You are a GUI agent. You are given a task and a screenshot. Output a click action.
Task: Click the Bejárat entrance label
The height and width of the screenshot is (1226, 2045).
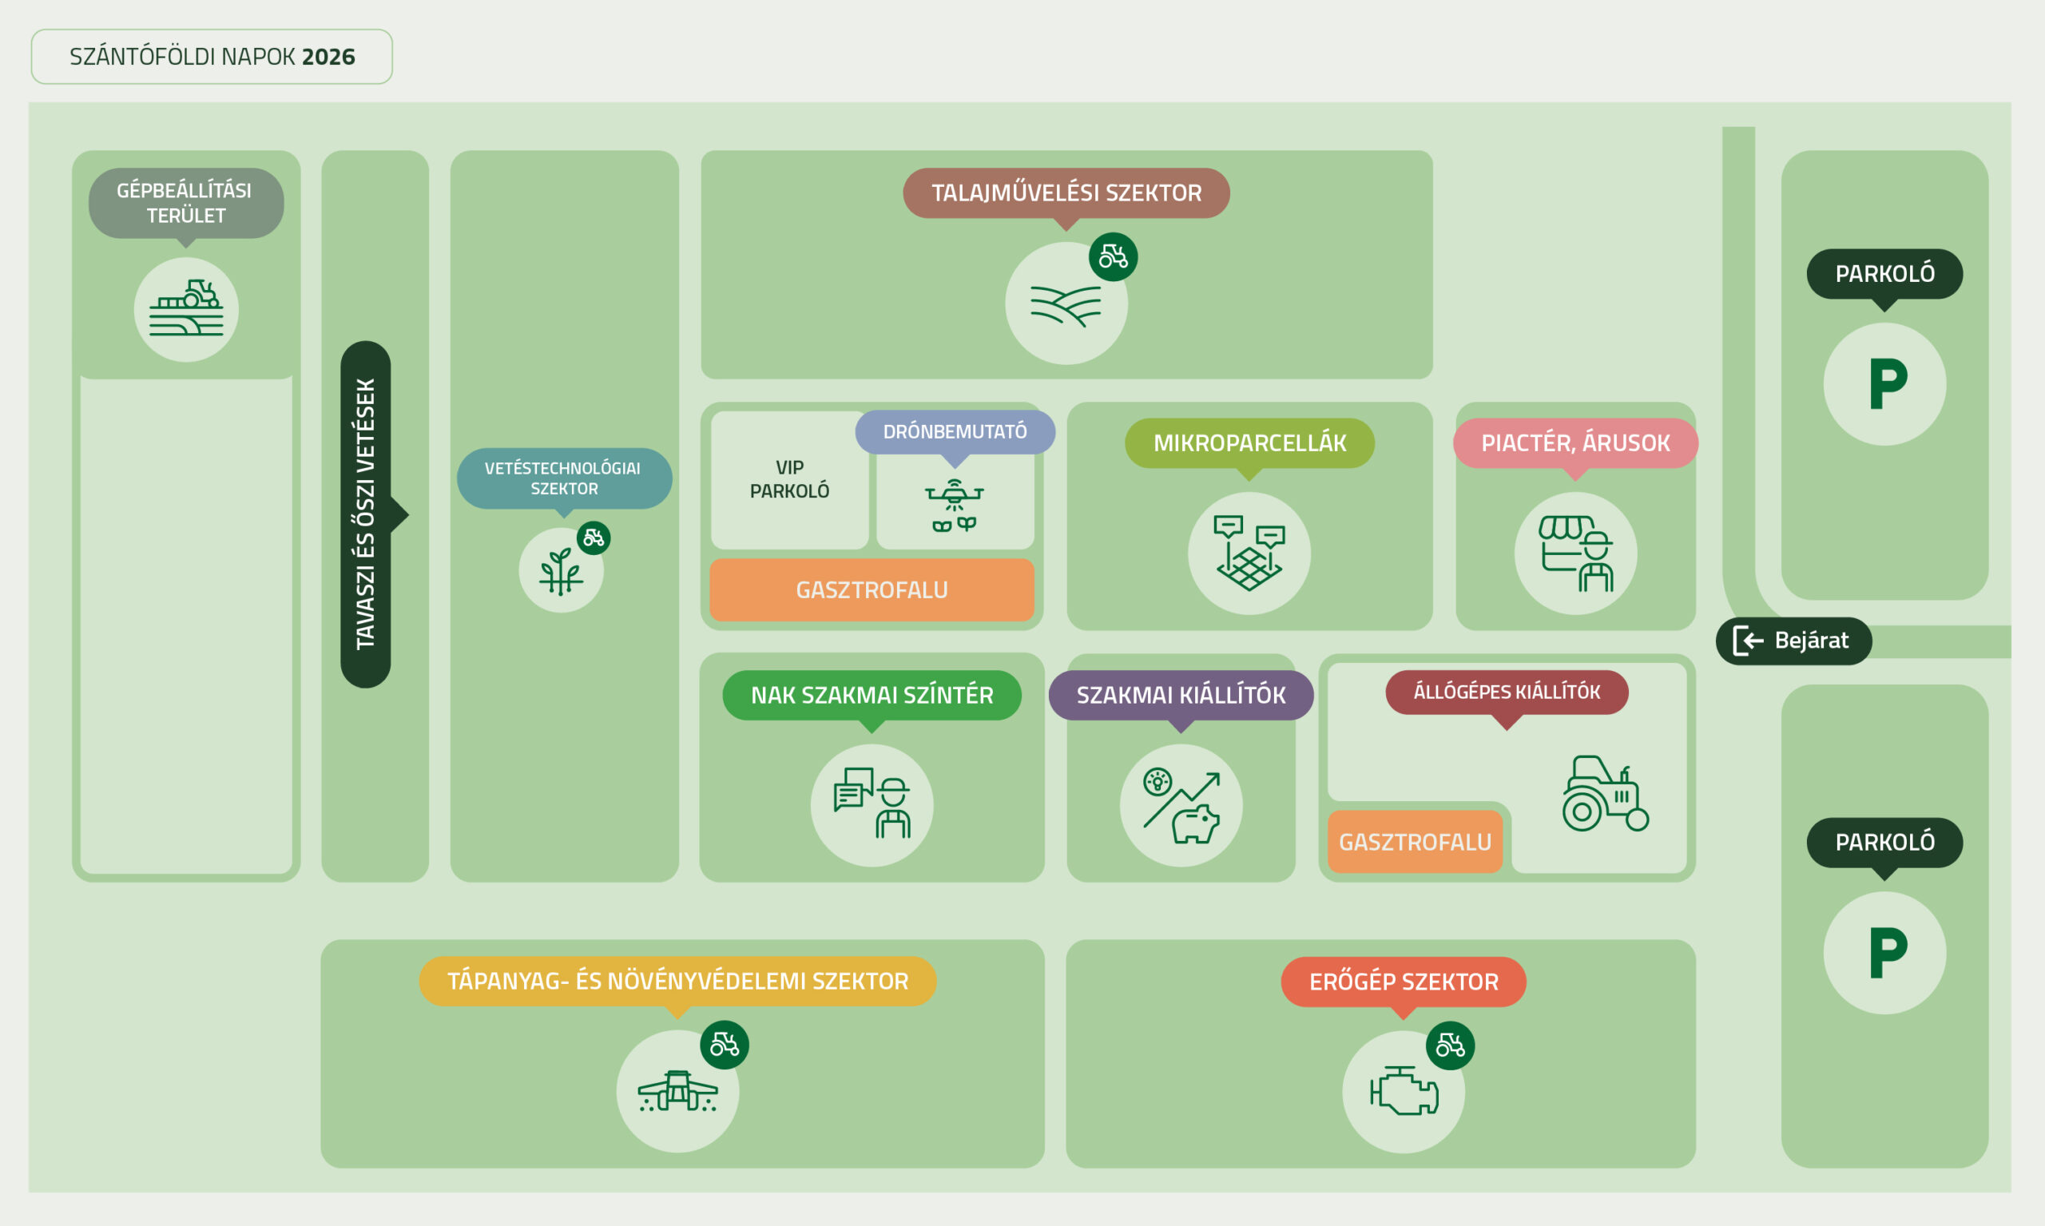coord(1793,641)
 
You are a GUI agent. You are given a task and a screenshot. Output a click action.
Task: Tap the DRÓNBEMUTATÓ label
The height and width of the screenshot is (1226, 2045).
coord(955,431)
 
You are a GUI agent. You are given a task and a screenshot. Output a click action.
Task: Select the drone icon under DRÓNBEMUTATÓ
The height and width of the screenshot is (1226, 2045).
coord(955,505)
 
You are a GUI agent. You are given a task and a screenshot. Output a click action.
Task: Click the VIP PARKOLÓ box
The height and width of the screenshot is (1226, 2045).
coord(789,480)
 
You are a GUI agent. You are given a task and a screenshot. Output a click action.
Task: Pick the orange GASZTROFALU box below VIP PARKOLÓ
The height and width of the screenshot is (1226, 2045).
coord(872,590)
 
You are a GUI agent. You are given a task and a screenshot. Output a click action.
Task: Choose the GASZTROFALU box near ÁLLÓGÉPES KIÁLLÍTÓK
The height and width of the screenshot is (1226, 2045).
coord(1415,841)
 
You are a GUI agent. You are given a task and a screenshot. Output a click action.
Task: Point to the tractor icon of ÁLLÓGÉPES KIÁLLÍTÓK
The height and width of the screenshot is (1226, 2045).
coord(1605,793)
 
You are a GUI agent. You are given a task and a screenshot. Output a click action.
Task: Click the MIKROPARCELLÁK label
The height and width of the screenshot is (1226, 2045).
coord(1249,442)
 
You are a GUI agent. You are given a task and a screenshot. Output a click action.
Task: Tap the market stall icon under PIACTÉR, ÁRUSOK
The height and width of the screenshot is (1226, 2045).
coord(1575,553)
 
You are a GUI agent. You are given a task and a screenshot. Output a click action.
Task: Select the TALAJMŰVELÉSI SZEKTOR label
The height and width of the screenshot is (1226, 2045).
coord(1066,192)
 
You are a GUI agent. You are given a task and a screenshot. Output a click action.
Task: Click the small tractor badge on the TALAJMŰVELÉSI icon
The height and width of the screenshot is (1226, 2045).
coord(1113,257)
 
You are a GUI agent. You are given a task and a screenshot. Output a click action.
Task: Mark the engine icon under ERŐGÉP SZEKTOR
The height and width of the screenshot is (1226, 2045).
coord(1404,1090)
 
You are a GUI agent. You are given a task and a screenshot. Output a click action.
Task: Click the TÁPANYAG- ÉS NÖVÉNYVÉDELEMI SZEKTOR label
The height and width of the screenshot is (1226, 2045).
coord(677,981)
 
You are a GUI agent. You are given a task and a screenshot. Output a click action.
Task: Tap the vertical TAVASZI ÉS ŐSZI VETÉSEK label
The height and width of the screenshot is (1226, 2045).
coord(365,514)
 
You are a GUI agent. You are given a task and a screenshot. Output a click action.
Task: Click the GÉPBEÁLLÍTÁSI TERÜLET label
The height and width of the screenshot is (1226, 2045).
coord(186,203)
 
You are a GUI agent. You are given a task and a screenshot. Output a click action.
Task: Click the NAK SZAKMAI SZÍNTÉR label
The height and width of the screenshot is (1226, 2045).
coord(872,695)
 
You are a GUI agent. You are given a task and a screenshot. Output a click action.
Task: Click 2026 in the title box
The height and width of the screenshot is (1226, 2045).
coord(328,56)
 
